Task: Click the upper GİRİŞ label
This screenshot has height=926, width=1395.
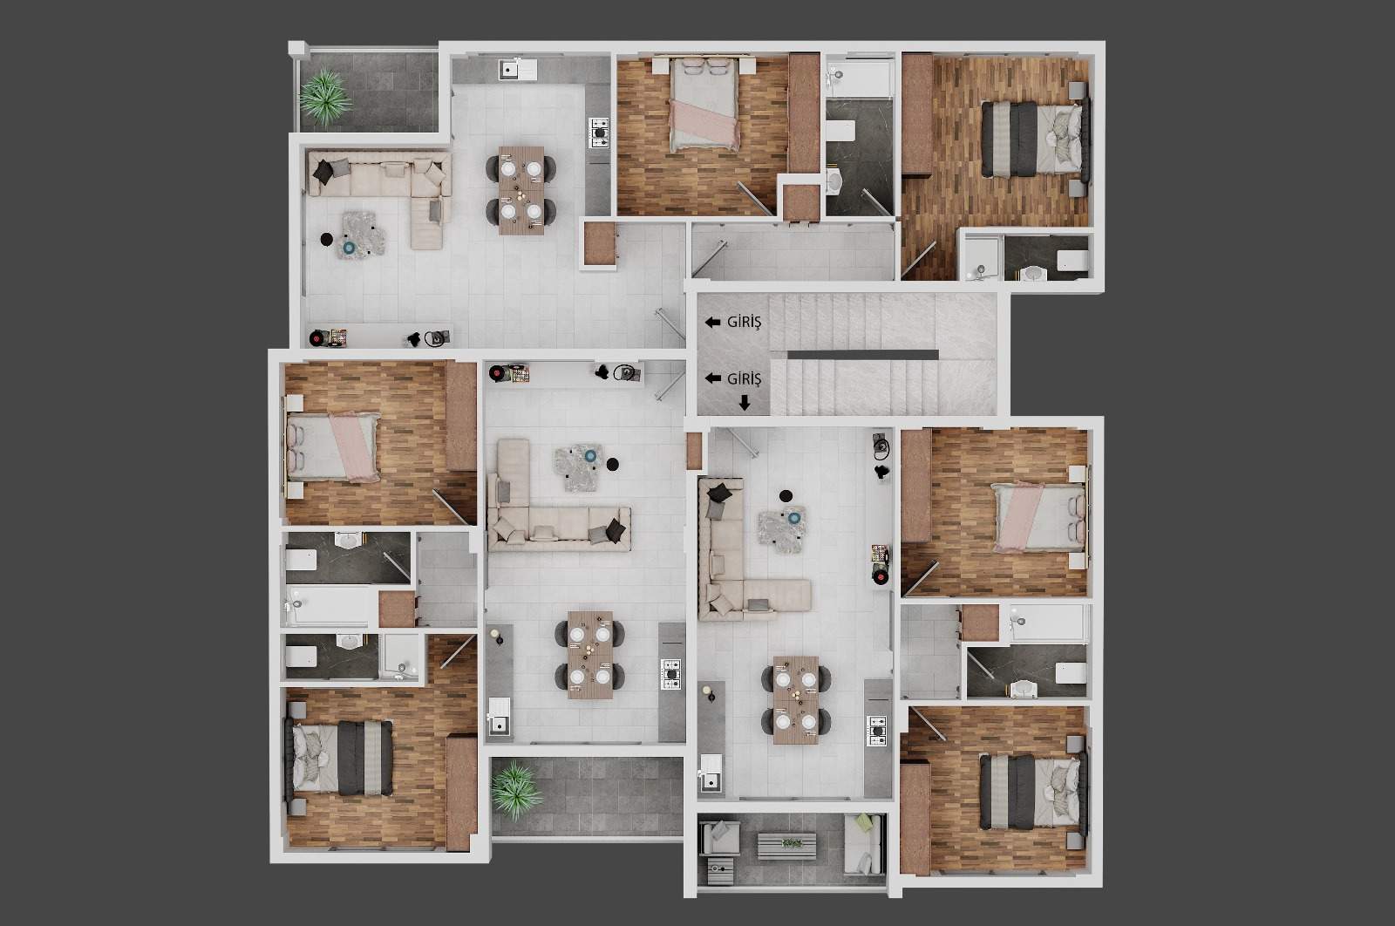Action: click(744, 322)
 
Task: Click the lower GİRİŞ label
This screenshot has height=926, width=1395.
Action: click(744, 378)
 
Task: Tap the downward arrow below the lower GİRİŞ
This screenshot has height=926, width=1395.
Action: click(745, 403)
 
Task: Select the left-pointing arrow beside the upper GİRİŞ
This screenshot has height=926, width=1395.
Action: click(712, 322)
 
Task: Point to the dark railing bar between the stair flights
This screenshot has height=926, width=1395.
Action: click(862, 355)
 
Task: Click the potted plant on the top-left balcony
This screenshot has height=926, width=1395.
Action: click(323, 97)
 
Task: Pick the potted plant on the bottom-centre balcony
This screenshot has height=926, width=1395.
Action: click(515, 790)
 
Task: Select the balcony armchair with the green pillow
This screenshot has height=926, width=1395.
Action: click(862, 844)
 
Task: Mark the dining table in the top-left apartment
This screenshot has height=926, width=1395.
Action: click(521, 190)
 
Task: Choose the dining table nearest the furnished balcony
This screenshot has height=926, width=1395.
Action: click(796, 700)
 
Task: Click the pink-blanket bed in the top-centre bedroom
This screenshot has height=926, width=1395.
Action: click(704, 105)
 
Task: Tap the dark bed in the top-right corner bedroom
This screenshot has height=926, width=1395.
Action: click(1034, 140)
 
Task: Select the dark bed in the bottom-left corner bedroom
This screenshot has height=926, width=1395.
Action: click(340, 758)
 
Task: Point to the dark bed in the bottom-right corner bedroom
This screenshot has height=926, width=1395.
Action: click(1033, 792)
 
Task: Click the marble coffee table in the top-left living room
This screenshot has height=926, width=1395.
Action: click(363, 234)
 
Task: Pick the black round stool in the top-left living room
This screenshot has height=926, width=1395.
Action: click(326, 239)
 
